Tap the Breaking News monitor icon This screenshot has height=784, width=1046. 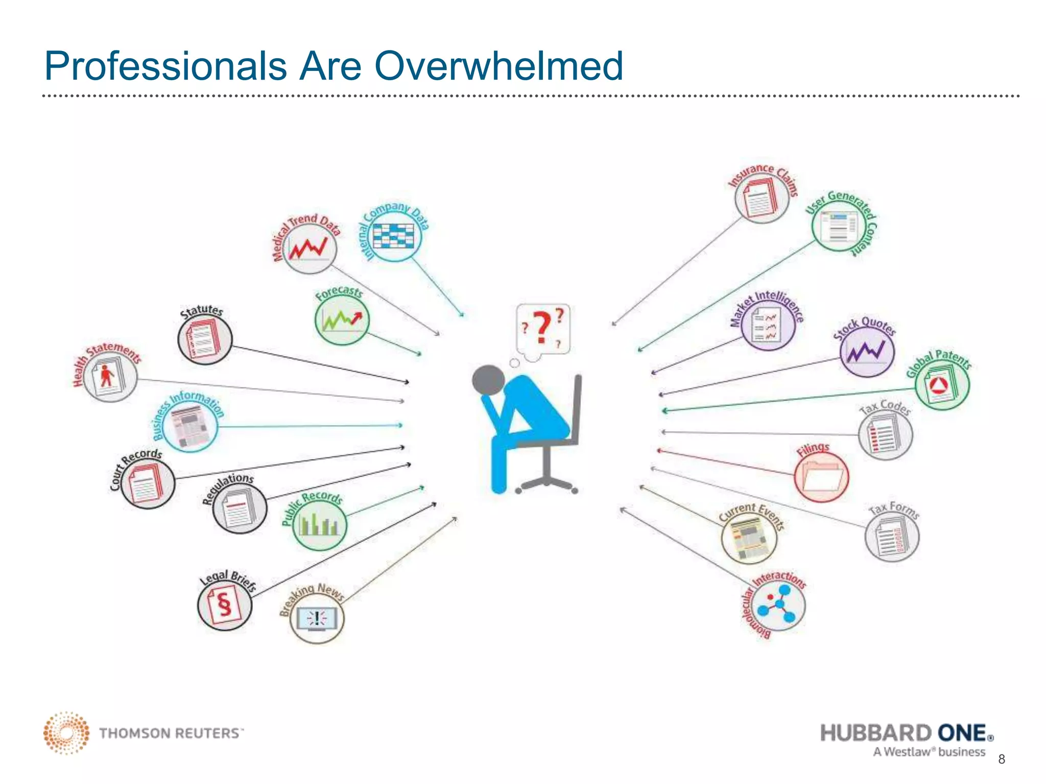pos(317,618)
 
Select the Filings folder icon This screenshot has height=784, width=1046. pos(821,476)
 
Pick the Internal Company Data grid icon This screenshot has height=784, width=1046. pos(393,236)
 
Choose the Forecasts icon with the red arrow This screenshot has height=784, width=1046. pos(342,320)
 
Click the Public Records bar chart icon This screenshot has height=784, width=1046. pos(319,525)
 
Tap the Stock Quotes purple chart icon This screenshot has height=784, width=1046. pos(867,352)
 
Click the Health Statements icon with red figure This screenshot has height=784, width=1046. pos(110,377)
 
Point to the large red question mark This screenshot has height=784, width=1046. pos(541,327)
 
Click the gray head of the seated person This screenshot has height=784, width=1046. pos(488,380)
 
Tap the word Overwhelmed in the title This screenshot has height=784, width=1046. pos(498,66)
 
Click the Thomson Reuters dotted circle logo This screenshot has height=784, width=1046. pos(66,733)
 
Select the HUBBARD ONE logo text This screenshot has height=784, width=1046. pos(906,733)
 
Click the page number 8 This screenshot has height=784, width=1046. pos(1002,759)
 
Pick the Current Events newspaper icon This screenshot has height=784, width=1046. pos(749,538)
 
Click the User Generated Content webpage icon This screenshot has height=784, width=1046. pos(839,226)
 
